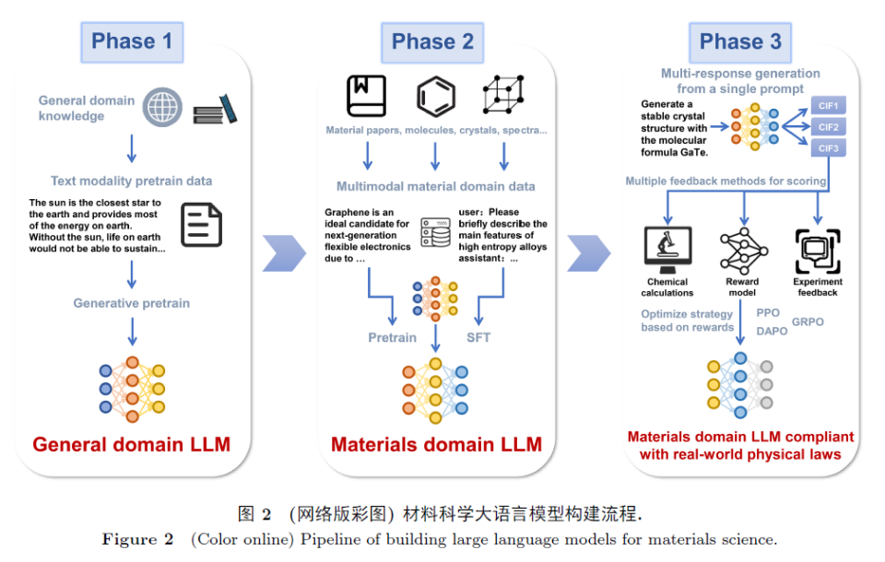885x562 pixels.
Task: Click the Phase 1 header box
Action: click(x=132, y=42)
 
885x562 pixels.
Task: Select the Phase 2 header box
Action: click(x=432, y=42)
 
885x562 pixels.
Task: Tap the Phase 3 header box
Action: click(x=740, y=42)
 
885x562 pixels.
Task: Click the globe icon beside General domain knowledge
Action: click(x=162, y=107)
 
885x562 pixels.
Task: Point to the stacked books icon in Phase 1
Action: click(x=215, y=109)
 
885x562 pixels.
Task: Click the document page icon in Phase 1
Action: click(x=202, y=225)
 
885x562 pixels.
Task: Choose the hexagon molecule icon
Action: click(x=436, y=96)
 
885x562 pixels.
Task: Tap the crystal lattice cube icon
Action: click(x=503, y=94)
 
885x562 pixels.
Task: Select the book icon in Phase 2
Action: click(x=366, y=96)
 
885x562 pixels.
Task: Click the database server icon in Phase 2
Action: click(x=436, y=232)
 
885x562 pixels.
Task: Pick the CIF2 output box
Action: click(x=829, y=127)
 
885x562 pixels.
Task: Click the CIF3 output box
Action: click(x=829, y=148)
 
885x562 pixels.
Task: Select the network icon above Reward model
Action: click(x=744, y=251)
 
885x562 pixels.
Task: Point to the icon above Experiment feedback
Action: click(x=818, y=252)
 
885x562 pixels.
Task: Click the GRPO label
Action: click(x=808, y=322)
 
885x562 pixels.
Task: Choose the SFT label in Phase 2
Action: click(x=478, y=337)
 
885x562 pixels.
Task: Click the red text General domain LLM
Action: click(x=132, y=444)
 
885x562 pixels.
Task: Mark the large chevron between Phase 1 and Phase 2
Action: click(x=284, y=253)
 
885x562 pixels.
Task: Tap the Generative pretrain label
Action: click(x=132, y=303)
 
